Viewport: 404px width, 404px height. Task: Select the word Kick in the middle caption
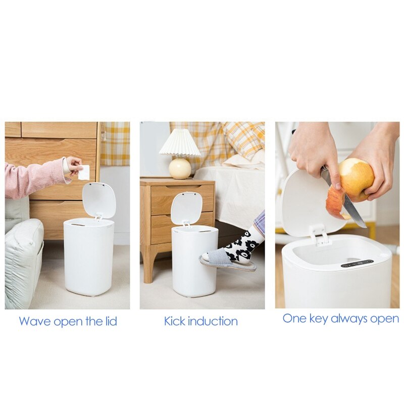(x=175, y=321)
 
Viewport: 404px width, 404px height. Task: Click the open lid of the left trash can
(x=99, y=199)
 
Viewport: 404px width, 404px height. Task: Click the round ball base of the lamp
(x=180, y=168)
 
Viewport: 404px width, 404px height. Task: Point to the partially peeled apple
(x=357, y=177)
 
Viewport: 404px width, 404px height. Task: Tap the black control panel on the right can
(x=357, y=263)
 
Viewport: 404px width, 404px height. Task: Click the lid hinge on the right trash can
(x=318, y=234)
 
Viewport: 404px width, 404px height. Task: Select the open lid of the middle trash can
(x=186, y=208)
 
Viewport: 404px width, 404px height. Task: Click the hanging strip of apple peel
(x=335, y=202)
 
